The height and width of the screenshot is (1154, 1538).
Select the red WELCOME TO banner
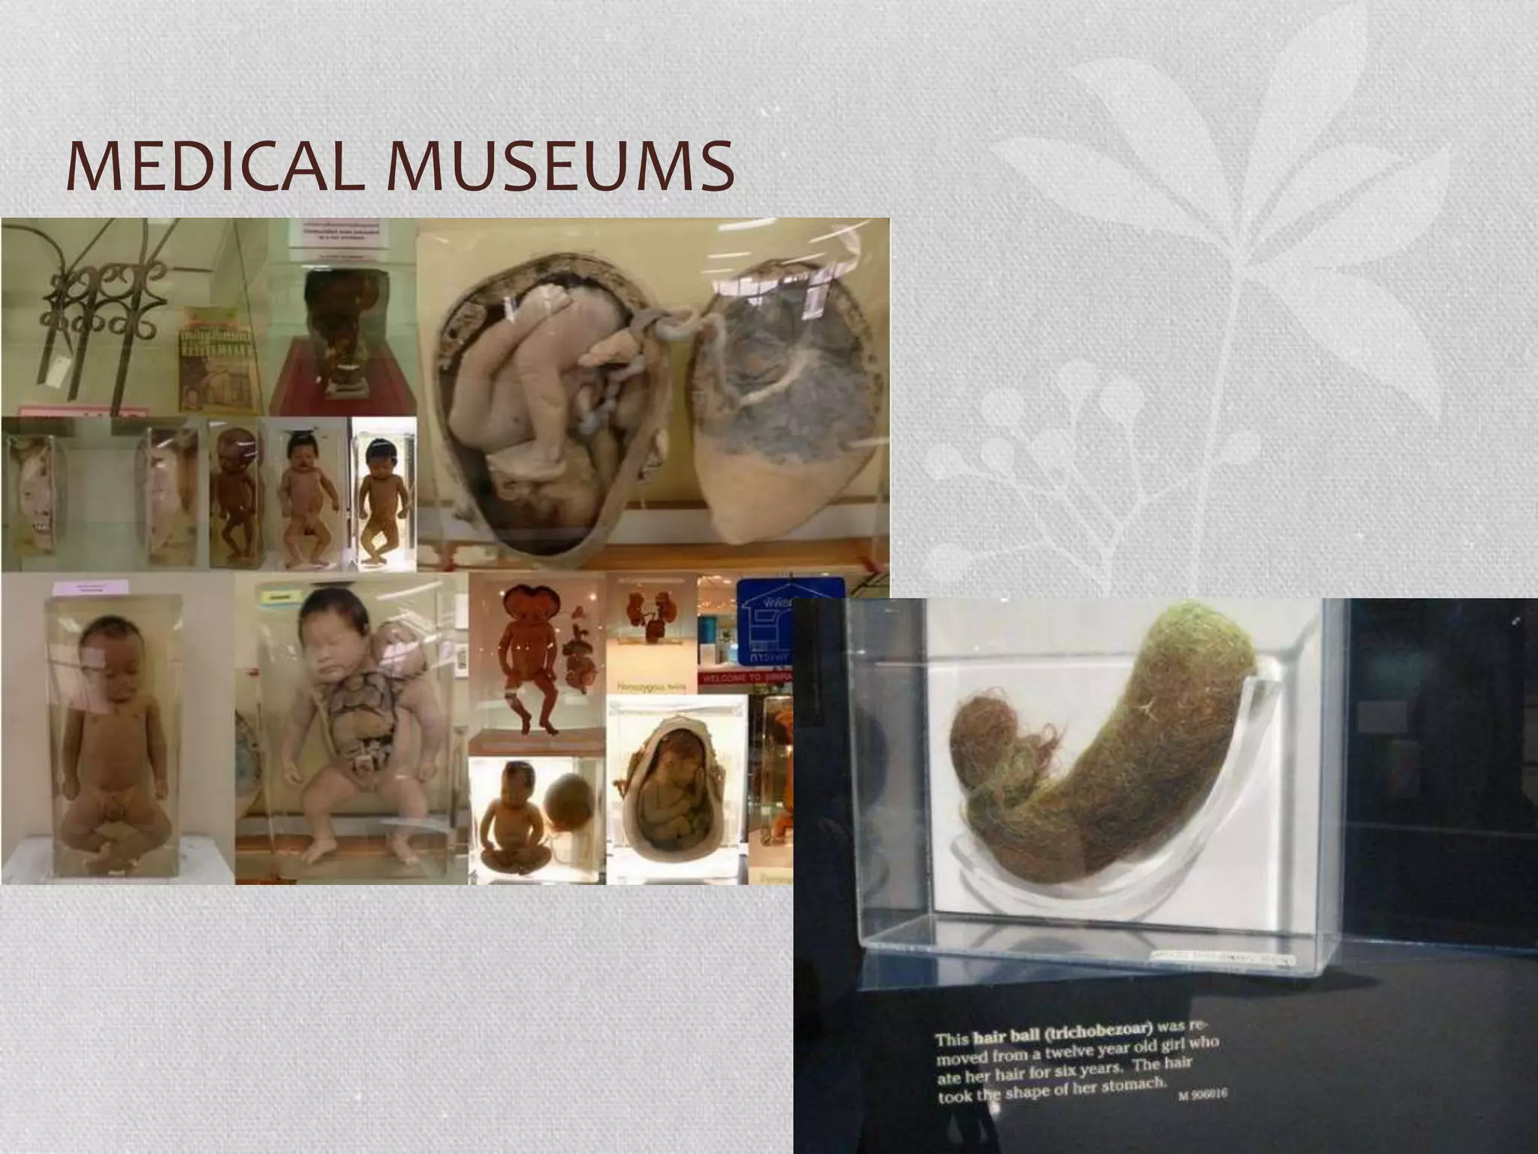click(746, 678)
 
